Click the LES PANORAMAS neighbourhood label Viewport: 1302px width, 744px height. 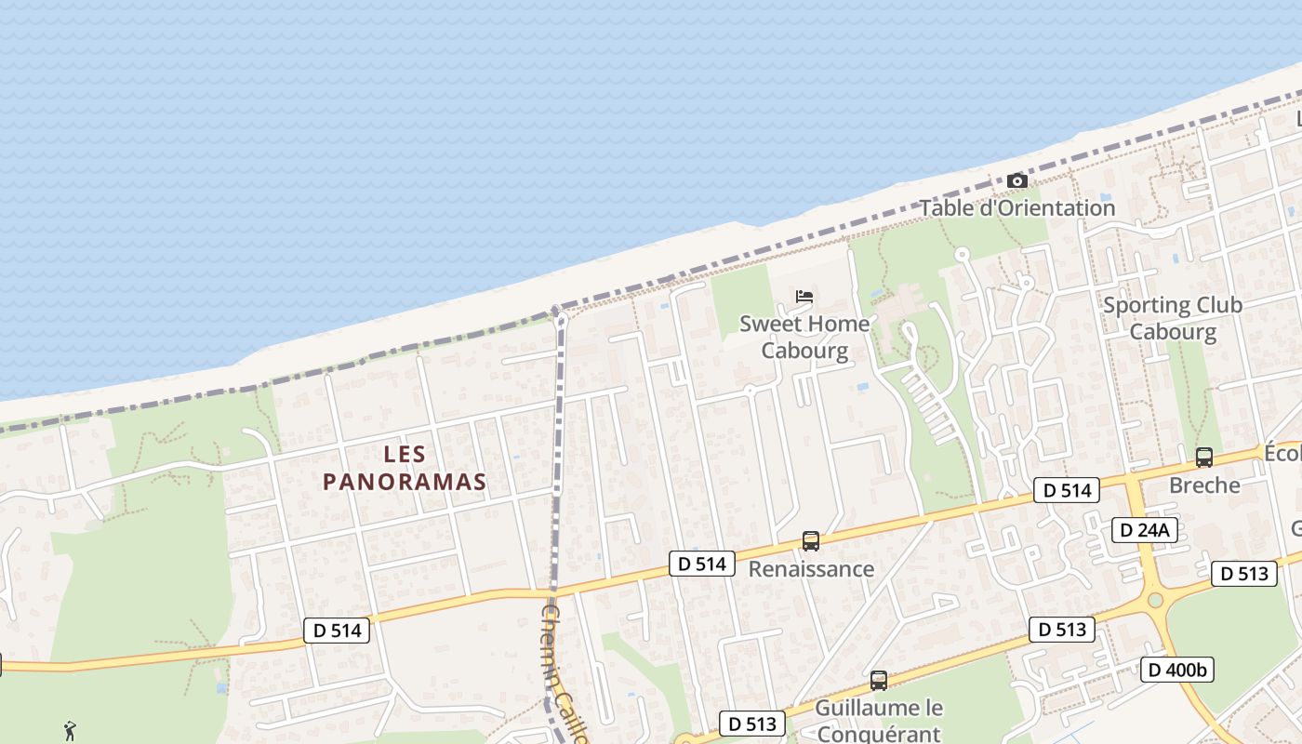coord(405,468)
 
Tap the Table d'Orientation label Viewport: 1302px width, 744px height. coord(1017,208)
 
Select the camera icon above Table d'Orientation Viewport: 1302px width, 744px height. coord(1017,180)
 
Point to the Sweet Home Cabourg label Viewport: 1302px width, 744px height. coord(804,337)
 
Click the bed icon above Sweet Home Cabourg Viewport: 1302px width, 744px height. coord(804,297)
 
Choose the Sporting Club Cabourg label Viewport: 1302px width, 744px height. coord(1172,318)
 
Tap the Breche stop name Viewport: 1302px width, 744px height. coord(1204,485)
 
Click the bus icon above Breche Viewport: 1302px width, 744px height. coord(1204,458)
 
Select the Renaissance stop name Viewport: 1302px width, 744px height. coord(811,569)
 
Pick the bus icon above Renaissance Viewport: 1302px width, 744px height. coord(811,541)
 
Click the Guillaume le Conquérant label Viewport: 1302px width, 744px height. coord(879,720)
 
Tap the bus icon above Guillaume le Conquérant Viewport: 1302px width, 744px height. coord(879,681)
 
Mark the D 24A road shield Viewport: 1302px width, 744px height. coord(1145,531)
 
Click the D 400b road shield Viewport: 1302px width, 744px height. coord(1177,670)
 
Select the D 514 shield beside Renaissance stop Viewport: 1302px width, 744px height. coord(701,564)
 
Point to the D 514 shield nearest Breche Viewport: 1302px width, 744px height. coord(1067,490)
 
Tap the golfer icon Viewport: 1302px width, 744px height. coord(71,731)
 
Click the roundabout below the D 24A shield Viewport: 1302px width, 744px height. coord(1155,601)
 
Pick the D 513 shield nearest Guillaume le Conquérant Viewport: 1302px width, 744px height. coord(753,724)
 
